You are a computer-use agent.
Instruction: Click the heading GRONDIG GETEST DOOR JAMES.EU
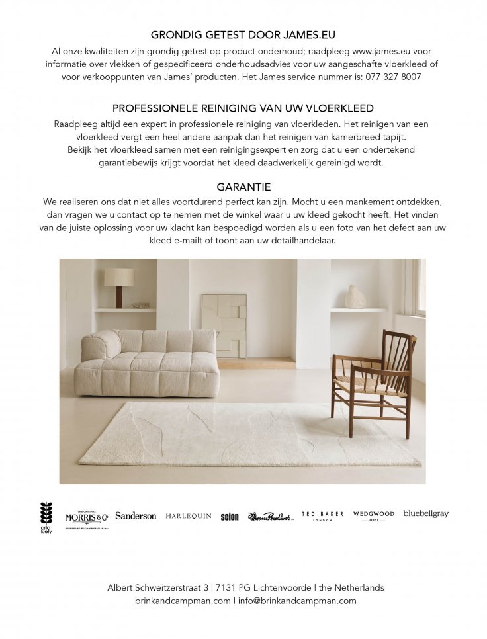(x=243, y=35)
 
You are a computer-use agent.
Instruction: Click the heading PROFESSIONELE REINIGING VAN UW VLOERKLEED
(x=243, y=108)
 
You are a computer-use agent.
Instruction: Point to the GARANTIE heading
(x=243, y=187)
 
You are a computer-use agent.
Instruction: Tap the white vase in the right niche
(x=355, y=297)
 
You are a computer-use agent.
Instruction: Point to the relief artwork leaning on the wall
(x=224, y=325)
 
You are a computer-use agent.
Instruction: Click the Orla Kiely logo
(x=46, y=517)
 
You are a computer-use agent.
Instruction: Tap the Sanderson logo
(x=136, y=516)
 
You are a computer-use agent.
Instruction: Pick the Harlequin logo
(x=189, y=516)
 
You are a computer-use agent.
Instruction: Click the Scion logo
(x=230, y=517)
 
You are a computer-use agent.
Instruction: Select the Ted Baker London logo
(x=322, y=516)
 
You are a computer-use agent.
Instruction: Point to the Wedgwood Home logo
(x=373, y=515)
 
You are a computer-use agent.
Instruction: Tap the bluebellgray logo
(x=425, y=514)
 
